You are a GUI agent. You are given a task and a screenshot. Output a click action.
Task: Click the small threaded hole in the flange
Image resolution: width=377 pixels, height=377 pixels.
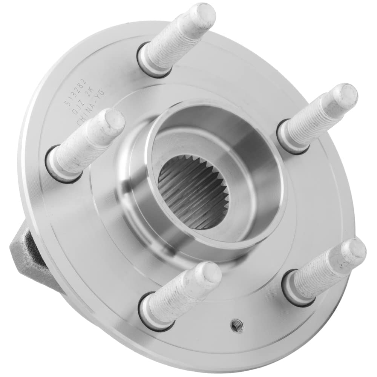point(237,326)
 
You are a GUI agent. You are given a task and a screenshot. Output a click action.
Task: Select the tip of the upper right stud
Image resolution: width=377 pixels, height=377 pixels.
point(345,94)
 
